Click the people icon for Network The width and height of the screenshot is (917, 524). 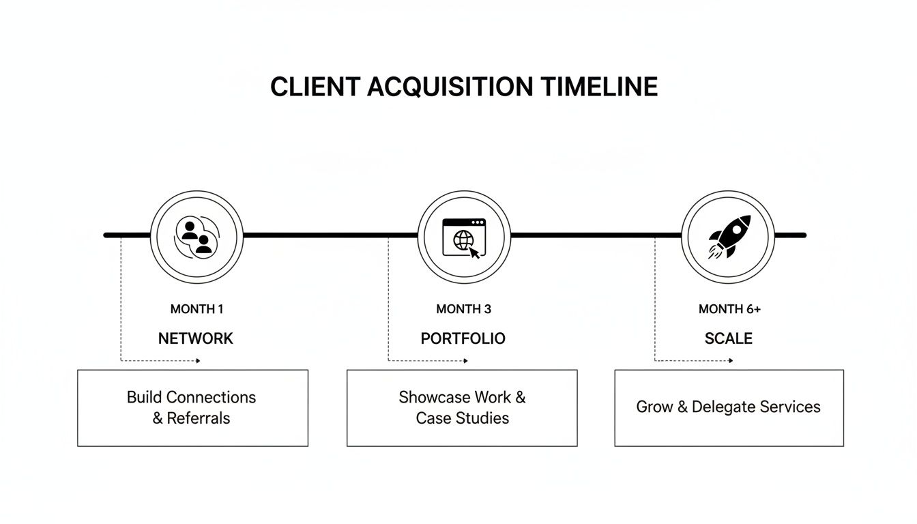coord(196,237)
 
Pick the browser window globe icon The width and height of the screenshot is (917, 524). coord(463,237)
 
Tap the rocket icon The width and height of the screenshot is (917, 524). coord(729,237)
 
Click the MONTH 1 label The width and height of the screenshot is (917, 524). coord(196,309)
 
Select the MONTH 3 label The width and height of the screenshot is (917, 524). coord(463,309)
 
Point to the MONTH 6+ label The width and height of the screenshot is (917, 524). coord(729,309)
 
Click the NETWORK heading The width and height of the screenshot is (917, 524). coord(196,338)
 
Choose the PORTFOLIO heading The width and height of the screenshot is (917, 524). coord(463,338)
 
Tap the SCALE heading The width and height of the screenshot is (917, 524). coord(729,338)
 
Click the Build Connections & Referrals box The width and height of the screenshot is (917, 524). coord(192,408)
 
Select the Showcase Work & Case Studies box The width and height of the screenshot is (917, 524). coord(462,408)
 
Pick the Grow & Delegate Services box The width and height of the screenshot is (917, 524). coord(729,408)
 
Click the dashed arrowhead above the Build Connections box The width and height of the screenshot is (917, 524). coord(198,360)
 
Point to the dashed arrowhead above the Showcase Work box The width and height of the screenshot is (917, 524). coord(465,360)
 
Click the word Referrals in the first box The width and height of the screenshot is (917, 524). coord(199,418)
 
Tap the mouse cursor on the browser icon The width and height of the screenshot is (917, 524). coord(474,252)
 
